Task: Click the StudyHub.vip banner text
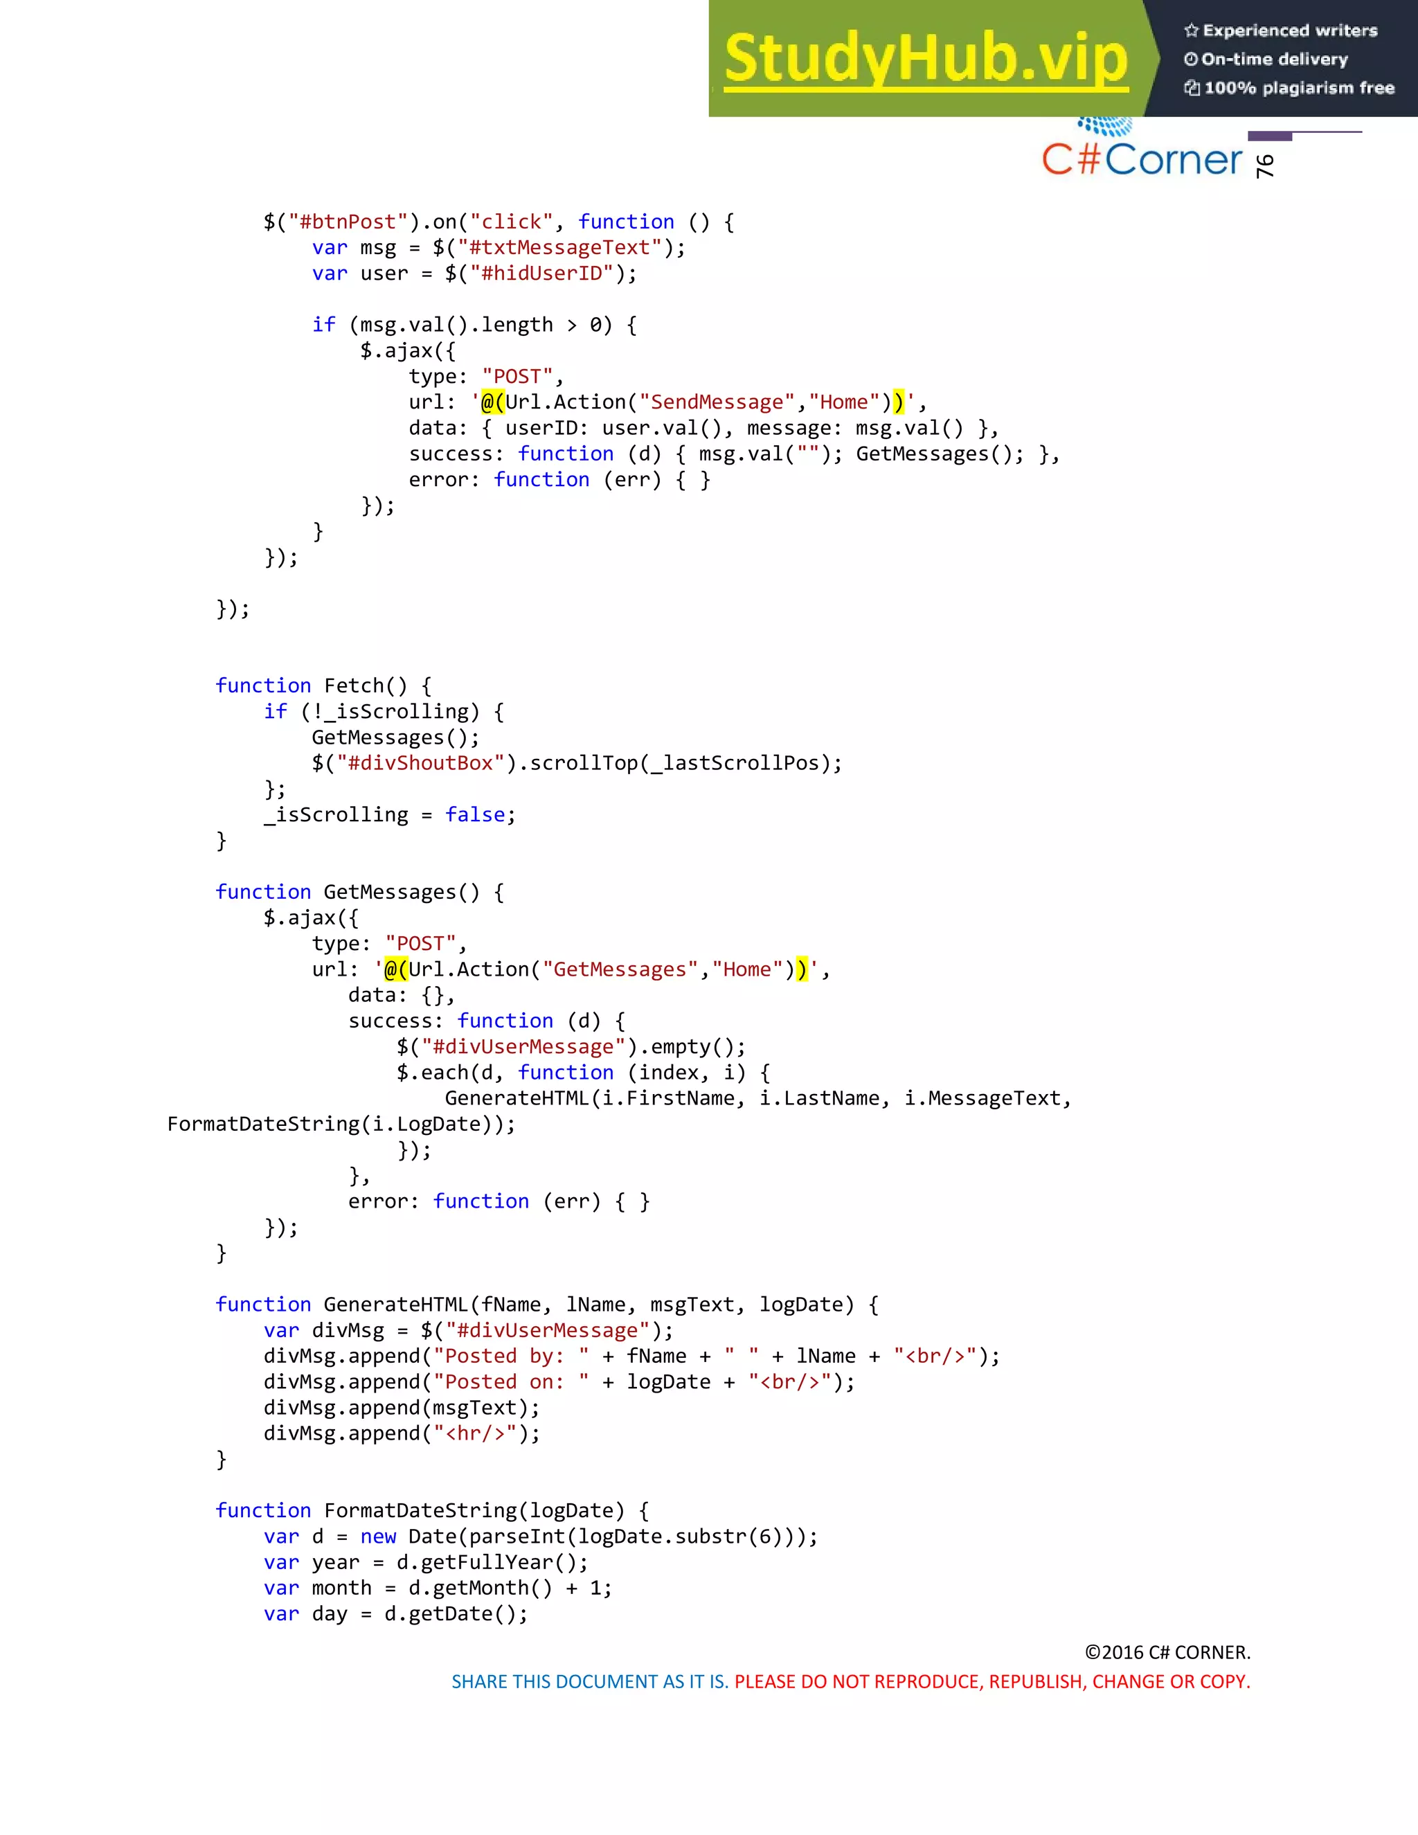925,59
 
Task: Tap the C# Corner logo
1142,157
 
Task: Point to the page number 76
1265,165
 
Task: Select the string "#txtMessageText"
559,248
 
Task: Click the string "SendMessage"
717,402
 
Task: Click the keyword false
474,815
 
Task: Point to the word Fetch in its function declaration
353,686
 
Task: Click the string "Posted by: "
511,1356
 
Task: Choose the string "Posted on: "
511,1382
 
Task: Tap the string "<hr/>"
474,1433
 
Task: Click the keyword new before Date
378,1537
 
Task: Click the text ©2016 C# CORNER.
1167,1653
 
